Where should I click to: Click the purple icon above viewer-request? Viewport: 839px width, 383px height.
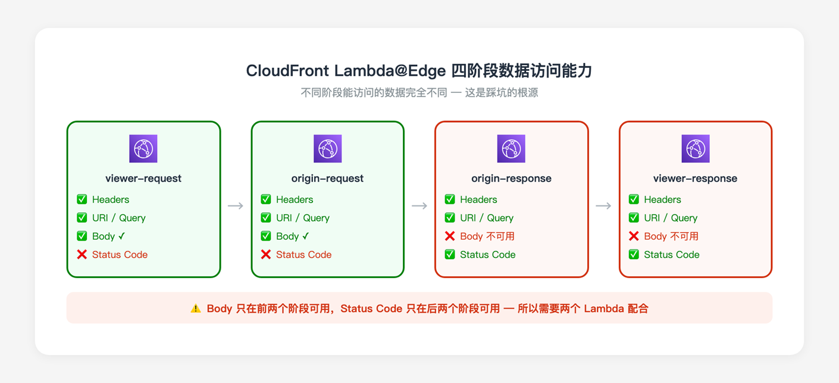coord(143,149)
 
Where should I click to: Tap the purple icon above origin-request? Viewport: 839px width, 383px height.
coord(327,149)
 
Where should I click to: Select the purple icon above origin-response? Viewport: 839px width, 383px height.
coord(511,149)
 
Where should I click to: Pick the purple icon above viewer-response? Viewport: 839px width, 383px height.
coord(695,149)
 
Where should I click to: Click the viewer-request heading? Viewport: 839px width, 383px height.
coord(143,178)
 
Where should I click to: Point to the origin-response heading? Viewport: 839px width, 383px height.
coord(511,178)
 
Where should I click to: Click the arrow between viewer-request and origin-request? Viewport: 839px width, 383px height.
coord(236,205)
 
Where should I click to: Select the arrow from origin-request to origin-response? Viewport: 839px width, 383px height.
coord(419,205)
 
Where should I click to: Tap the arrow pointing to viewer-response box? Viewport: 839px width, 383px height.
coord(603,205)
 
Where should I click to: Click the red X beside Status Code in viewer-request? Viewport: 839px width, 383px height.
coord(82,254)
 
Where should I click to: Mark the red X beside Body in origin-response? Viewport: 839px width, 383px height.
coord(450,236)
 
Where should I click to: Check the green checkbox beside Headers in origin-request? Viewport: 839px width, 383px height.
coord(266,200)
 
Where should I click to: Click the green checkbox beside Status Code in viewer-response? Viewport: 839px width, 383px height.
coord(634,254)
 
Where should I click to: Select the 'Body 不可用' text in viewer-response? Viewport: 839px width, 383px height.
coord(671,236)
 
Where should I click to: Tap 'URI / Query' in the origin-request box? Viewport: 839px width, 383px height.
coord(302,218)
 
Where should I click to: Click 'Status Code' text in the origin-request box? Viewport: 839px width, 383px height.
coord(303,254)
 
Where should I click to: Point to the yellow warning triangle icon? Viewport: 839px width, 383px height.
coord(196,309)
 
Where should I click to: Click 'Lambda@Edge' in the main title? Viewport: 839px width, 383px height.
coord(390,71)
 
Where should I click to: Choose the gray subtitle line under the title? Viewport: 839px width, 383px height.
coord(419,93)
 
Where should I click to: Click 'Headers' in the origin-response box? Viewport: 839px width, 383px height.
coord(478,200)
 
